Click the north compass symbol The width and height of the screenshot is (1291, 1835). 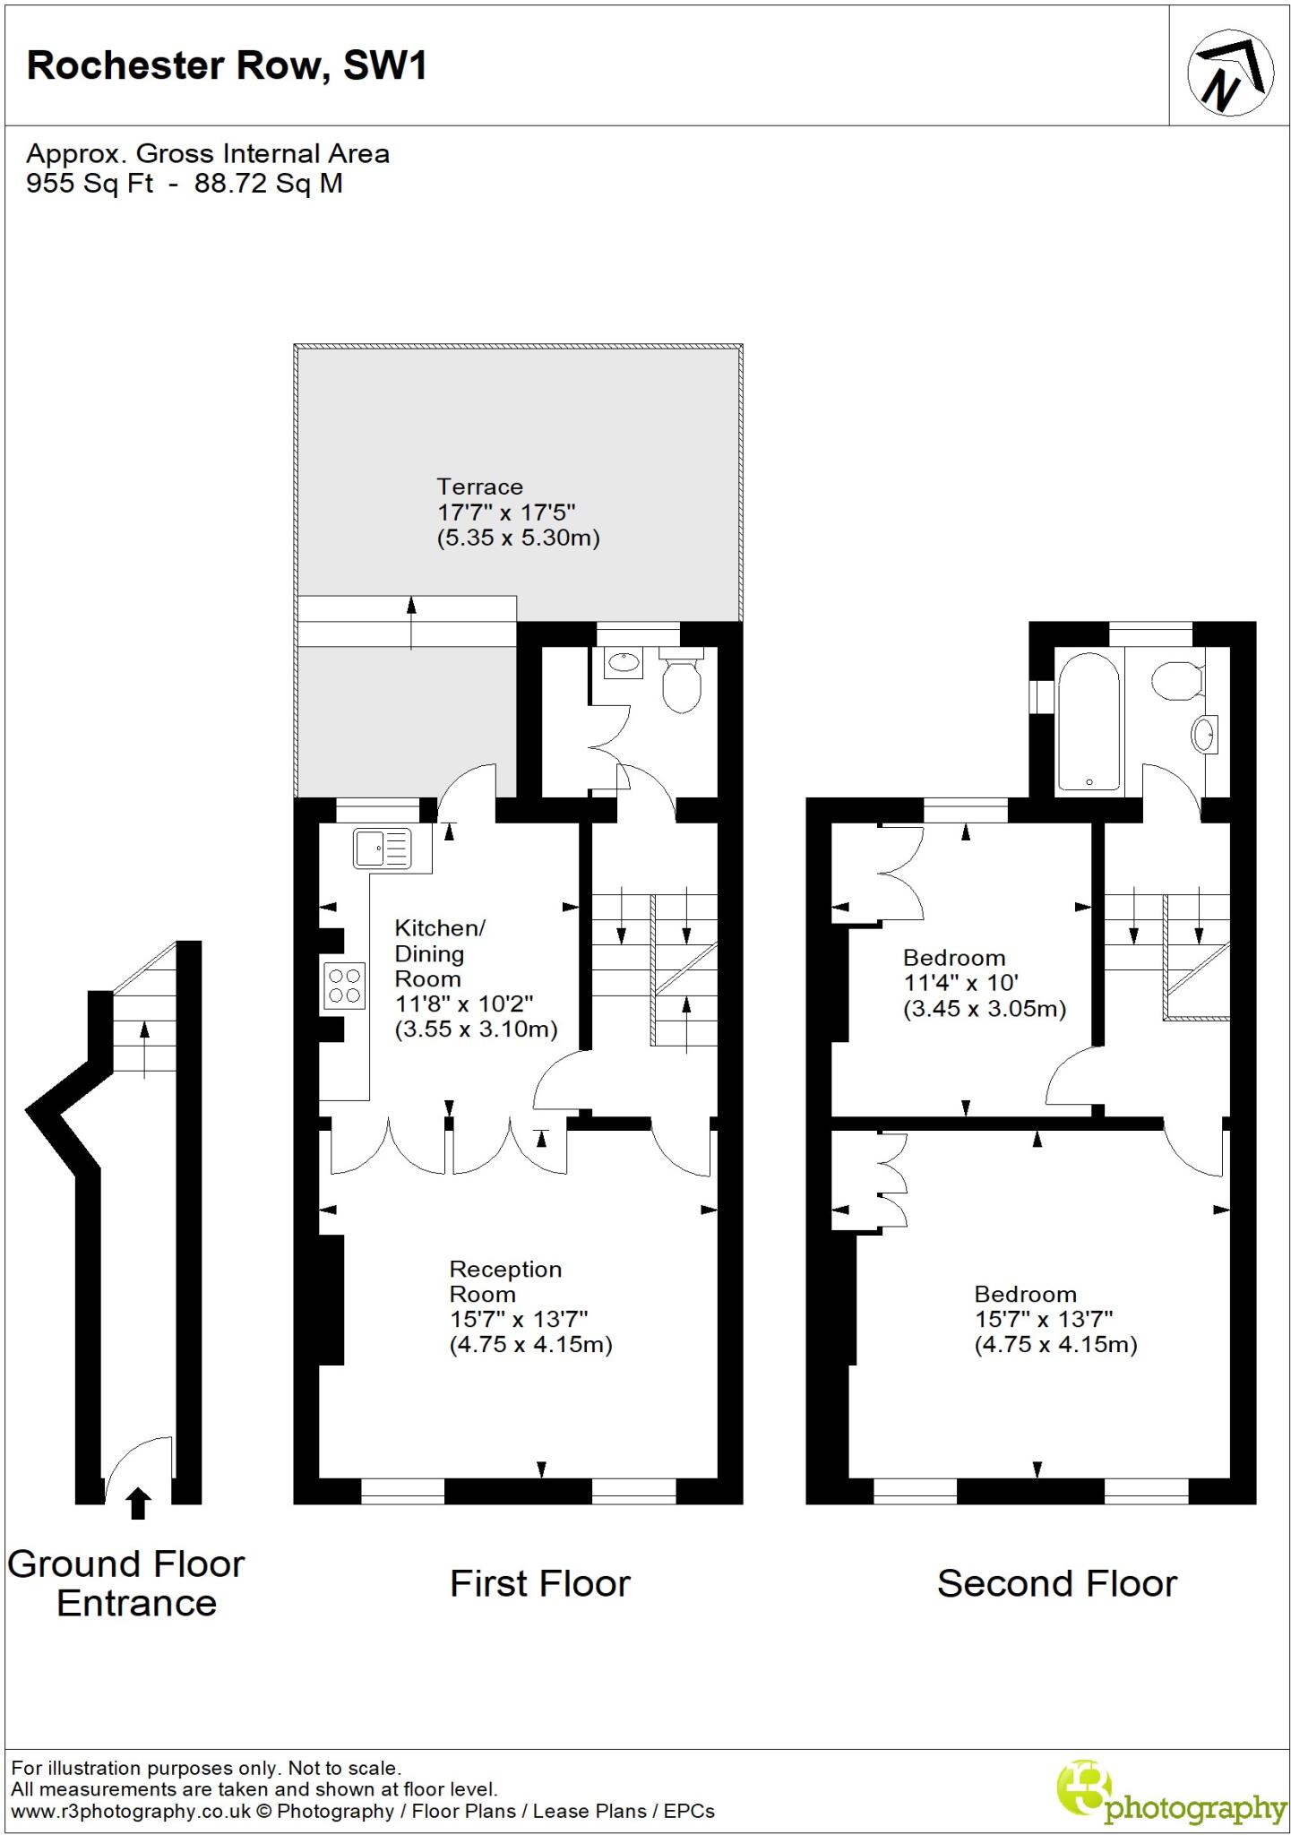click(1230, 73)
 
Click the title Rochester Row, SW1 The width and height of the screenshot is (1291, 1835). click(227, 66)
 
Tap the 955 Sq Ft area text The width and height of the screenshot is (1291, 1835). click(89, 184)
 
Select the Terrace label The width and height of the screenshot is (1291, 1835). click(479, 487)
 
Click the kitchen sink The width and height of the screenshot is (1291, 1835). click(383, 848)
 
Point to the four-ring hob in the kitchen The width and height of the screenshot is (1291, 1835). click(345, 986)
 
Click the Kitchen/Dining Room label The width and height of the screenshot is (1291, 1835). click(440, 953)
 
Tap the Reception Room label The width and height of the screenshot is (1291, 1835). click(505, 1281)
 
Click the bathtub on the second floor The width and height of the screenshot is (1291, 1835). click(1088, 720)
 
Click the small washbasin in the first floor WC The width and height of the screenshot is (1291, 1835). click(624, 664)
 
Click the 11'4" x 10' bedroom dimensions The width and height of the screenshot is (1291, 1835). click(960, 983)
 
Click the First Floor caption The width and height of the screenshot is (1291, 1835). click(539, 1584)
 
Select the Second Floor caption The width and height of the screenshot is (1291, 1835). click(1056, 1584)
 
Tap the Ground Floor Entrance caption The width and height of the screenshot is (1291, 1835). click(126, 1584)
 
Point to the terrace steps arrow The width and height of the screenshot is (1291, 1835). click(411, 620)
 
